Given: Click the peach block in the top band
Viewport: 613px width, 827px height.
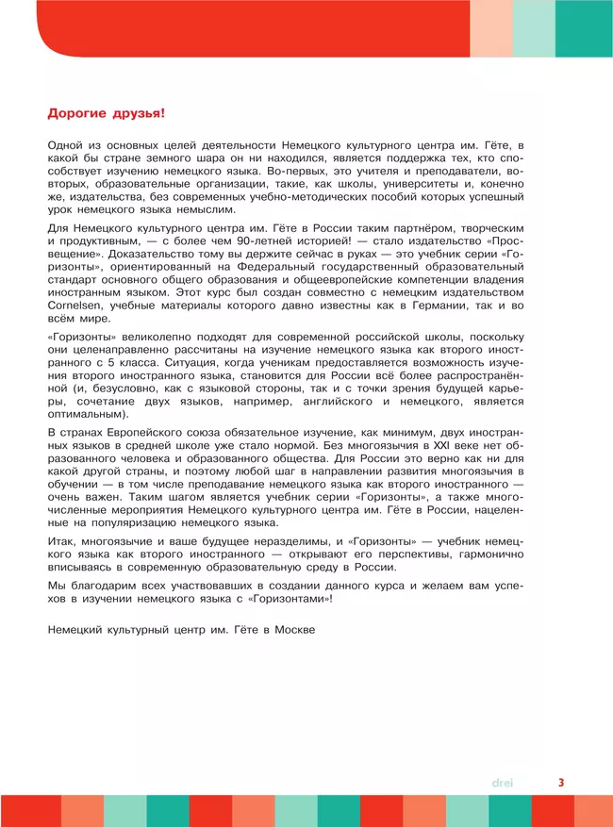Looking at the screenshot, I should (491, 28).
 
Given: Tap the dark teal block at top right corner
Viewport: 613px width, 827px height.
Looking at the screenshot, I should (584, 28).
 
